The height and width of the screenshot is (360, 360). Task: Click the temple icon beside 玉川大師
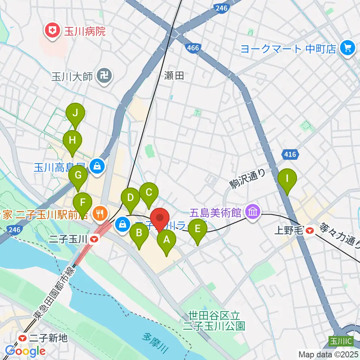point(102,76)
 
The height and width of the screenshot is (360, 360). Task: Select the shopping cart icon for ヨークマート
point(347,48)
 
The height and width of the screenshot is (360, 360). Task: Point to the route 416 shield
point(289,154)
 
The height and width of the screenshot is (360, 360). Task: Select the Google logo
point(25,351)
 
